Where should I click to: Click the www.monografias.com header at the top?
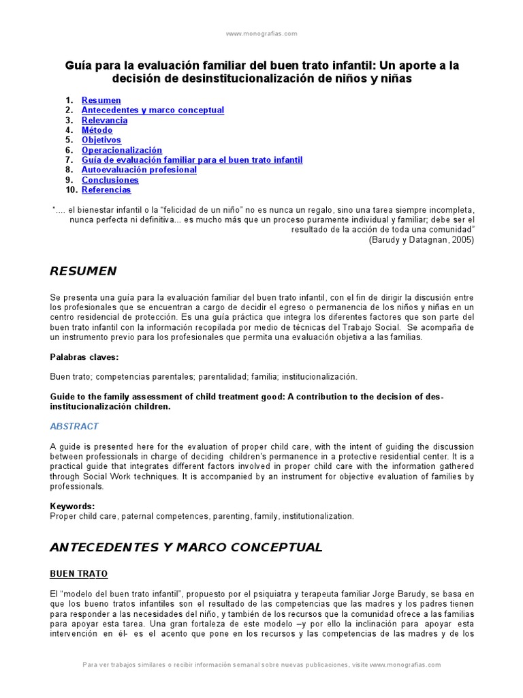tap(261, 33)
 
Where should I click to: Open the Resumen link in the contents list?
tap(101, 100)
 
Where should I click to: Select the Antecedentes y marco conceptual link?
tap(153, 110)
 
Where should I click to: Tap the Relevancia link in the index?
tap(104, 120)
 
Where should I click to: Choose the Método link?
tap(97, 130)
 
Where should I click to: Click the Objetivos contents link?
tap(101, 140)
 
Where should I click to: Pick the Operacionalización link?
tap(122, 150)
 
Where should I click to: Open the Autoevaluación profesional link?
tap(139, 170)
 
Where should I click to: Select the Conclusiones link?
tap(110, 180)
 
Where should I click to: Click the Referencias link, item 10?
tap(106, 190)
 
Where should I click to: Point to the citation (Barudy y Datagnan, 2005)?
tap(421, 240)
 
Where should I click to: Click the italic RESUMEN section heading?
tap(83, 271)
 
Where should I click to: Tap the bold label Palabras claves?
tap(84, 357)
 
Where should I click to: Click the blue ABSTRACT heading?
tap(74, 426)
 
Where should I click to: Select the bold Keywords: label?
tap(73, 506)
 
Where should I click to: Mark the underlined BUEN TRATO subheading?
tap(79, 574)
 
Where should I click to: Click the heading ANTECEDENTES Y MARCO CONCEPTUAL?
tap(186, 547)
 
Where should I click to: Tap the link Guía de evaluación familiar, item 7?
tap(192, 160)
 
